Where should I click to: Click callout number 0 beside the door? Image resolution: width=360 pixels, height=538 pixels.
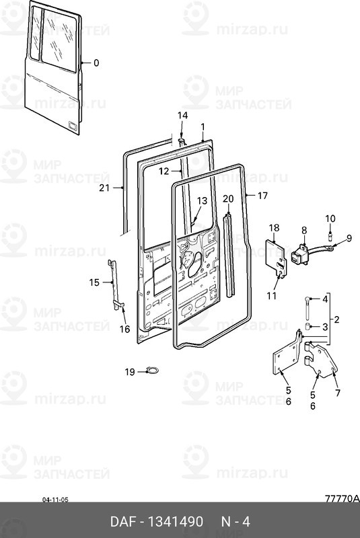coord(96,63)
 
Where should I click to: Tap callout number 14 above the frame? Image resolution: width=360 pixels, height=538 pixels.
coord(182,115)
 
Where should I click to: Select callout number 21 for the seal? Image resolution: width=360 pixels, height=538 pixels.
coord(104,188)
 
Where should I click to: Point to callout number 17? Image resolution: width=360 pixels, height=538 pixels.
coord(262,196)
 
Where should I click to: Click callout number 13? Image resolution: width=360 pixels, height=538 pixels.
coord(202,200)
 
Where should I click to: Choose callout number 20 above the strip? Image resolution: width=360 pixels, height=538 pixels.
coord(228,198)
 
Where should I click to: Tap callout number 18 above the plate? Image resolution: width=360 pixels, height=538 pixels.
coord(274,228)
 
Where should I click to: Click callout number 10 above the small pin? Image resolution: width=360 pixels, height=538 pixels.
coord(330,219)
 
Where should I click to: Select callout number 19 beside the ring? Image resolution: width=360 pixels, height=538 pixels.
coord(130,372)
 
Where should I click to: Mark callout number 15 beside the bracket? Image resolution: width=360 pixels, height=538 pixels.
coord(94,282)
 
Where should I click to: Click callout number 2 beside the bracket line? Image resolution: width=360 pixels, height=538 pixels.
coord(336,319)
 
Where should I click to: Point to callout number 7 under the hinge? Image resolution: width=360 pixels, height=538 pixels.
coord(338,393)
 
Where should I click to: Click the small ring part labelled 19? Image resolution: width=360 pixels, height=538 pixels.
coord(152,371)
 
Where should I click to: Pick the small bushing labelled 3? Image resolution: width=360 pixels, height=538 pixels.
coord(308,326)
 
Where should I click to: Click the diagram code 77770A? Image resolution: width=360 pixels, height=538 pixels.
coord(342,498)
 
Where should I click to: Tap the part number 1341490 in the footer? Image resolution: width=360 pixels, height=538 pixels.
coord(176,522)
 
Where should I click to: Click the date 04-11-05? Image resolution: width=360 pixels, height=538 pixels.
coord(55,500)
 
